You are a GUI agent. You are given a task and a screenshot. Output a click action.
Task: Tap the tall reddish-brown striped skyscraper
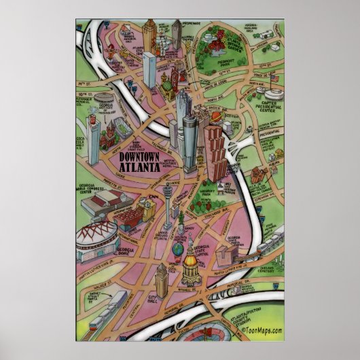(x=214, y=153)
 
